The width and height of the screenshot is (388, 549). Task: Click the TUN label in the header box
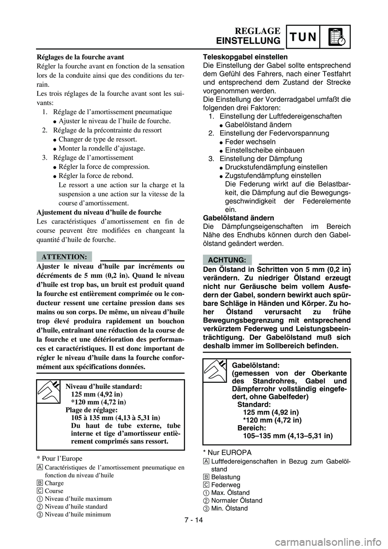304,37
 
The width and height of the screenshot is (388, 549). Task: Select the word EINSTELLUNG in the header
248,41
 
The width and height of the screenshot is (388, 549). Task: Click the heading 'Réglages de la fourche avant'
80,57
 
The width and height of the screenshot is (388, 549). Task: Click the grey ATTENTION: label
64,256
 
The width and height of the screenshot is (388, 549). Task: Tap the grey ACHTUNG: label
227,260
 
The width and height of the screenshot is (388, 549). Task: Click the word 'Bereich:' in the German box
252,428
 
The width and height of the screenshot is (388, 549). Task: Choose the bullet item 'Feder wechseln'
250,141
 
